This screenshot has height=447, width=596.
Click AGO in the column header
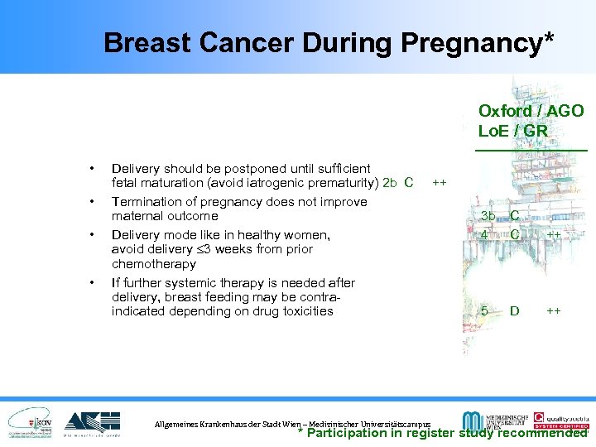(x=565, y=111)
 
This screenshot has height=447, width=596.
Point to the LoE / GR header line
(x=512, y=131)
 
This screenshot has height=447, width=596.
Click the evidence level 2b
(x=391, y=183)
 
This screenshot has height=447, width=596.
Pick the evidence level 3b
(x=488, y=217)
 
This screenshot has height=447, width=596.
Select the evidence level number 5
(x=484, y=311)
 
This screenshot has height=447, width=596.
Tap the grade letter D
(x=515, y=311)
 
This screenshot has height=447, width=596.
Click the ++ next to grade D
(x=554, y=311)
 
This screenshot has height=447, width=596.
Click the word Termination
(x=145, y=201)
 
